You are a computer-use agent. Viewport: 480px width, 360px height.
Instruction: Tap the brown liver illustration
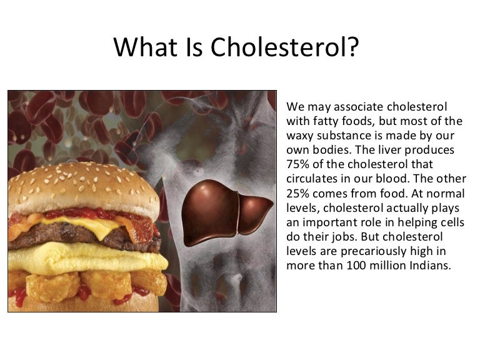pos(227,206)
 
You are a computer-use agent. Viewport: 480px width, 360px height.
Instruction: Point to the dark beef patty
pos(62,234)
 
